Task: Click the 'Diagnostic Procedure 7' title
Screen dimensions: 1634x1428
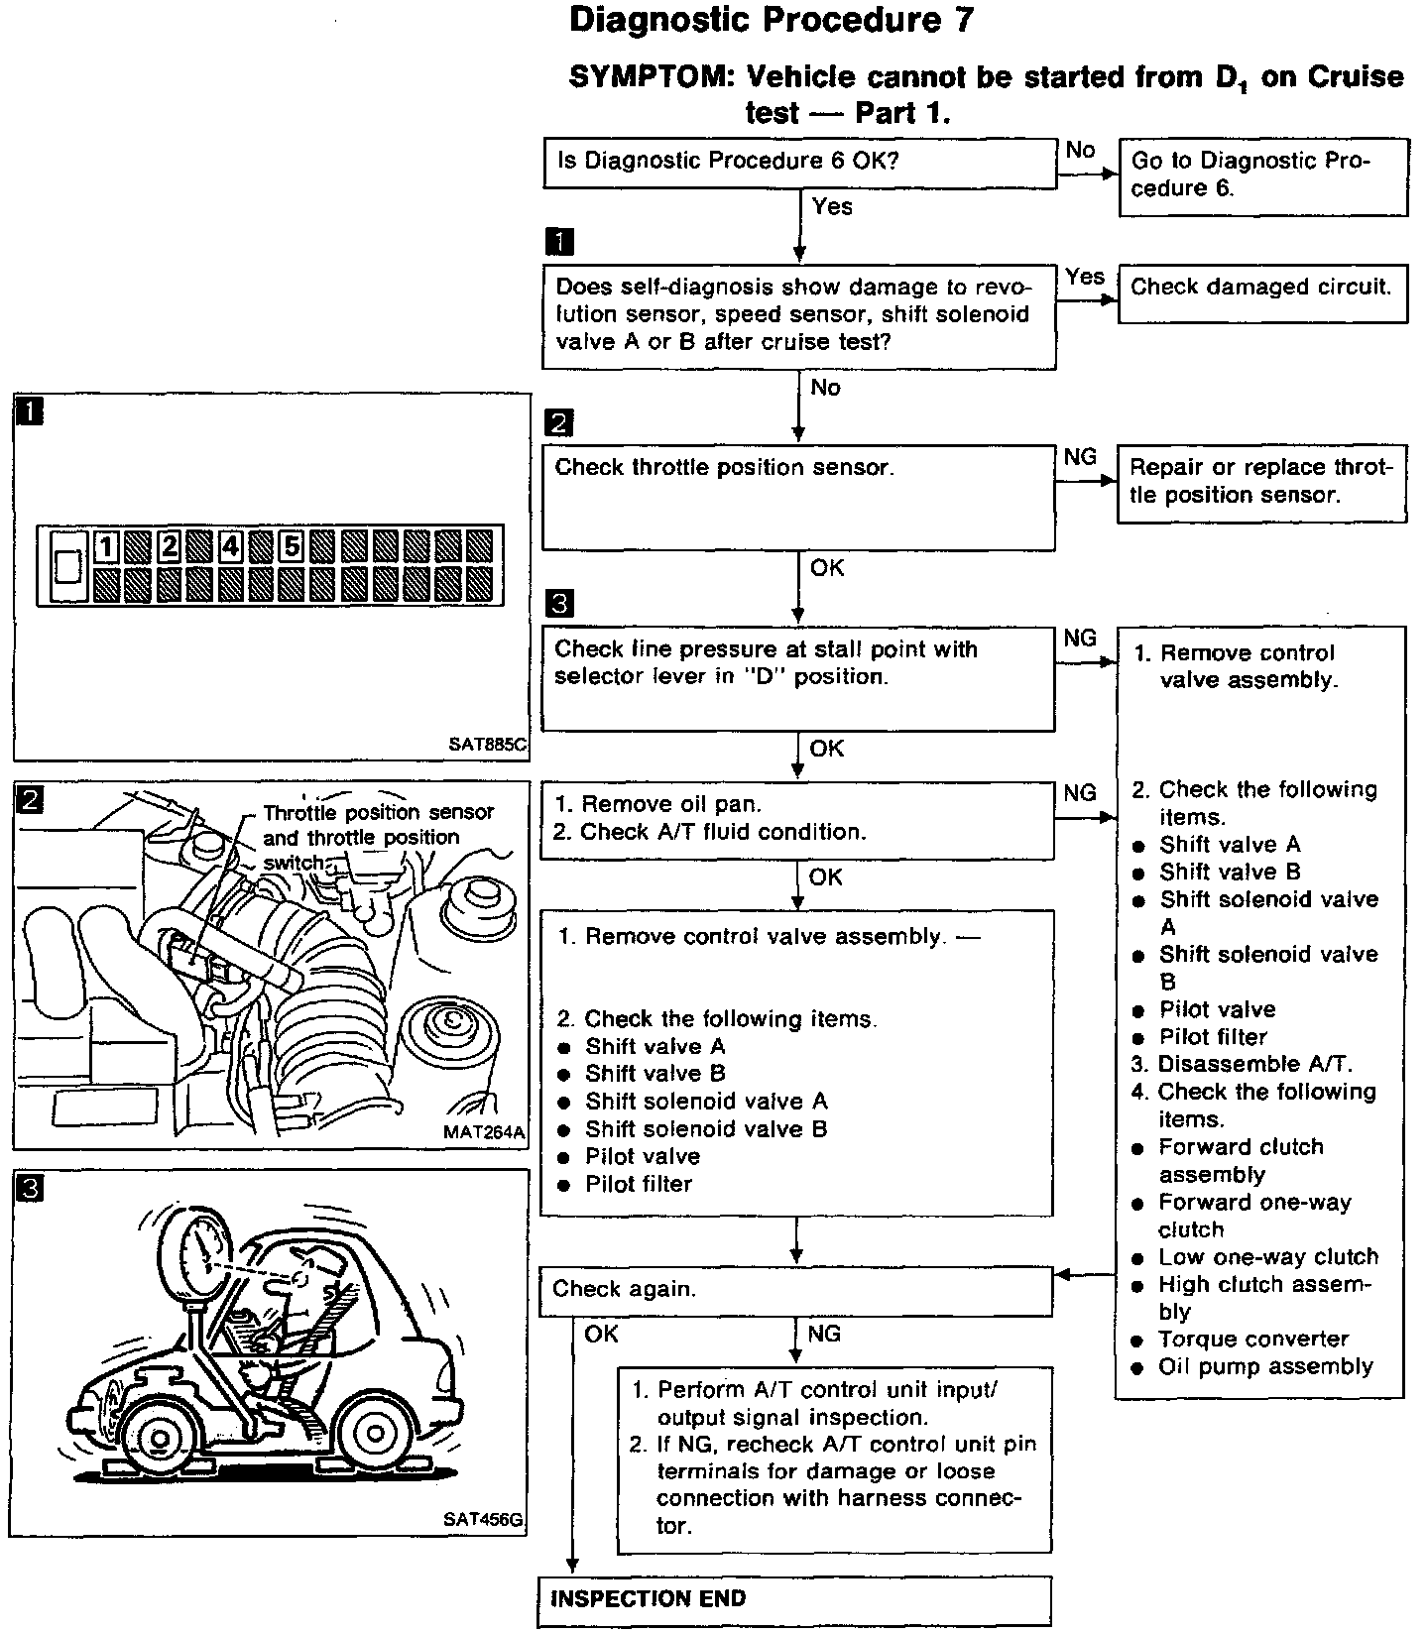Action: [x=772, y=21]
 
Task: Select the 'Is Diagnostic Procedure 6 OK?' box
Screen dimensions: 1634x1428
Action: [x=799, y=163]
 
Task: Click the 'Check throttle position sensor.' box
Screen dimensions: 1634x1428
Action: [x=798, y=497]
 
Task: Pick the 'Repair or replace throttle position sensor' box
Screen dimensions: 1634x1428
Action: [x=1261, y=483]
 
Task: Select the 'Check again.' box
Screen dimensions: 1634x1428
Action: [x=795, y=1290]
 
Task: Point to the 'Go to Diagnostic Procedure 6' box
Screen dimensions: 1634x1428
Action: [x=1262, y=176]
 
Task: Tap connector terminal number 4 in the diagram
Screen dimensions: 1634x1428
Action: [x=231, y=546]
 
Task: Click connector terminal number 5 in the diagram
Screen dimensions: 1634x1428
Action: [x=292, y=546]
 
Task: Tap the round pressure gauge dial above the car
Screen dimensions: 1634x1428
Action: [x=206, y=1248]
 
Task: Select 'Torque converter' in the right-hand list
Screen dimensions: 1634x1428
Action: [x=1252, y=1340]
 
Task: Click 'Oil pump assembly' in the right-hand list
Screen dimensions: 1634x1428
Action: [x=1264, y=1367]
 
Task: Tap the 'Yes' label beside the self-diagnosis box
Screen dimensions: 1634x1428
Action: [x=1085, y=278]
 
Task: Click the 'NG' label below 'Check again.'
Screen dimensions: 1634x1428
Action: [x=824, y=1335]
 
